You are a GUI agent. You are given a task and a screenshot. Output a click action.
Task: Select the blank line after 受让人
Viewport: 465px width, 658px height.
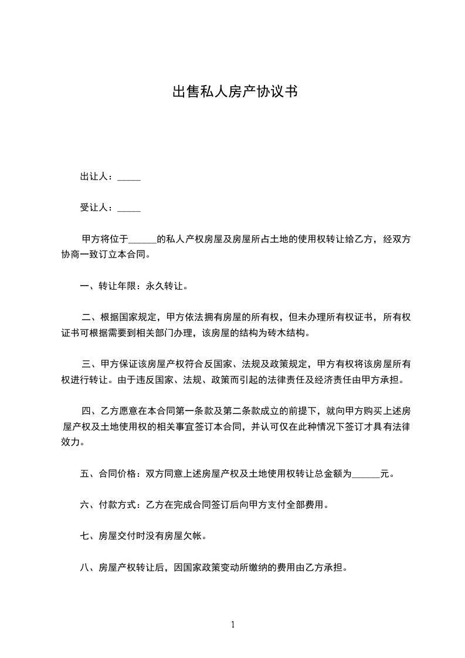coord(129,208)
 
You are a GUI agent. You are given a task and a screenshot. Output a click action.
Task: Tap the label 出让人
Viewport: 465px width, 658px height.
coord(95,176)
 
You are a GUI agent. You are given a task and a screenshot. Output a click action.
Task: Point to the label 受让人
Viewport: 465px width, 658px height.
coord(95,207)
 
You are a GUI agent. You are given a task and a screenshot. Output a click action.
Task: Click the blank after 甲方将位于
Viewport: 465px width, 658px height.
coord(142,240)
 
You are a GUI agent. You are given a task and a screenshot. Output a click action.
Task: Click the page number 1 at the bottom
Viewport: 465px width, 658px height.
coord(233,625)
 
